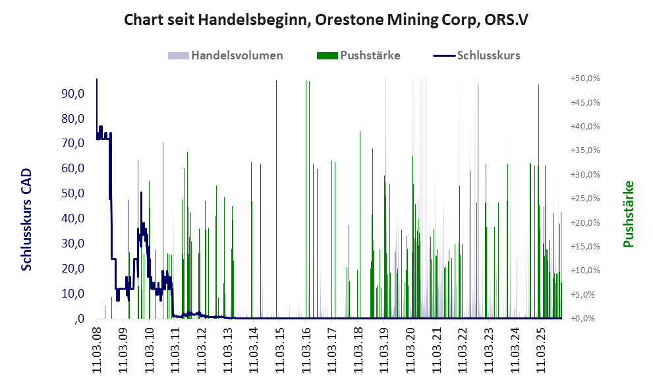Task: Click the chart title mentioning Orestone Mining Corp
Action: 326,20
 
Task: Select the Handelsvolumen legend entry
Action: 237,55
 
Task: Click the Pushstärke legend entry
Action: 370,55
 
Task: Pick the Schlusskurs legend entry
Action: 488,55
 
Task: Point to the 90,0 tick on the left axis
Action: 73,94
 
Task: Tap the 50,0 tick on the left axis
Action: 73,193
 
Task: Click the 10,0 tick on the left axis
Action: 73,294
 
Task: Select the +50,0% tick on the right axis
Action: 584,79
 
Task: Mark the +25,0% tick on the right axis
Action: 584,199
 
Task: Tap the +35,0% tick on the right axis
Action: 584,150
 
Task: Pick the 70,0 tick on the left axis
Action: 73,144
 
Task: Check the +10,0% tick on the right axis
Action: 584,271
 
